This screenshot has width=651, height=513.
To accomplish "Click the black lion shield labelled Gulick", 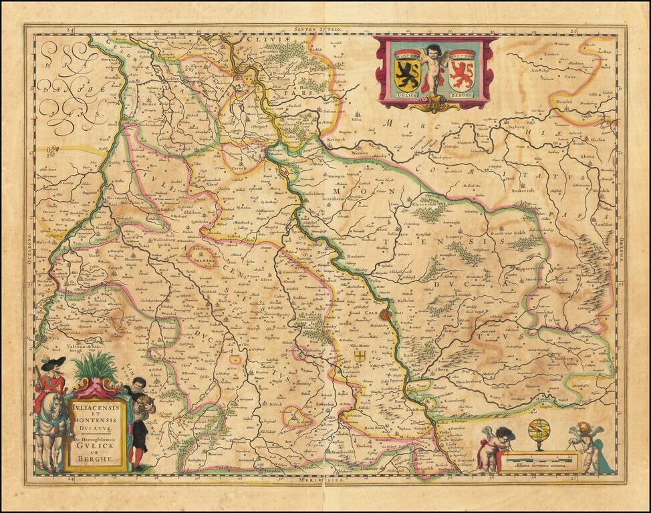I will [407, 71].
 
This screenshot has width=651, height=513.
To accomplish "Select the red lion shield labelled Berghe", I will [462, 71].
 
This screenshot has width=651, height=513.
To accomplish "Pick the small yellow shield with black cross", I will [360, 356].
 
